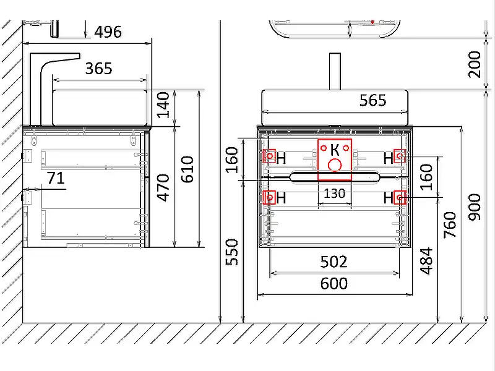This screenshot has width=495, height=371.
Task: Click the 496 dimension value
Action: coord(108,32)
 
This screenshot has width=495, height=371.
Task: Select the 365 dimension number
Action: coord(99,69)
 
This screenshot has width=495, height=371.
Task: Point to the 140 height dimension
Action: coord(163,104)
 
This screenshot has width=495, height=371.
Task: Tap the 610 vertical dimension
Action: coord(187,169)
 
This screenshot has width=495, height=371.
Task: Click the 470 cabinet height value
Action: coord(163,187)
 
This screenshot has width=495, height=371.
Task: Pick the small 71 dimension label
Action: coord(56,178)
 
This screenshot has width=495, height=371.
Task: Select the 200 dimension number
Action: coord(475,64)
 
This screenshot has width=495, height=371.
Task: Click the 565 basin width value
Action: coord(373,100)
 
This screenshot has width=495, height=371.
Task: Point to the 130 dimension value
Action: coord(335,194)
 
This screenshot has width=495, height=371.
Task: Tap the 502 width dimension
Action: coord(334,262)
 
